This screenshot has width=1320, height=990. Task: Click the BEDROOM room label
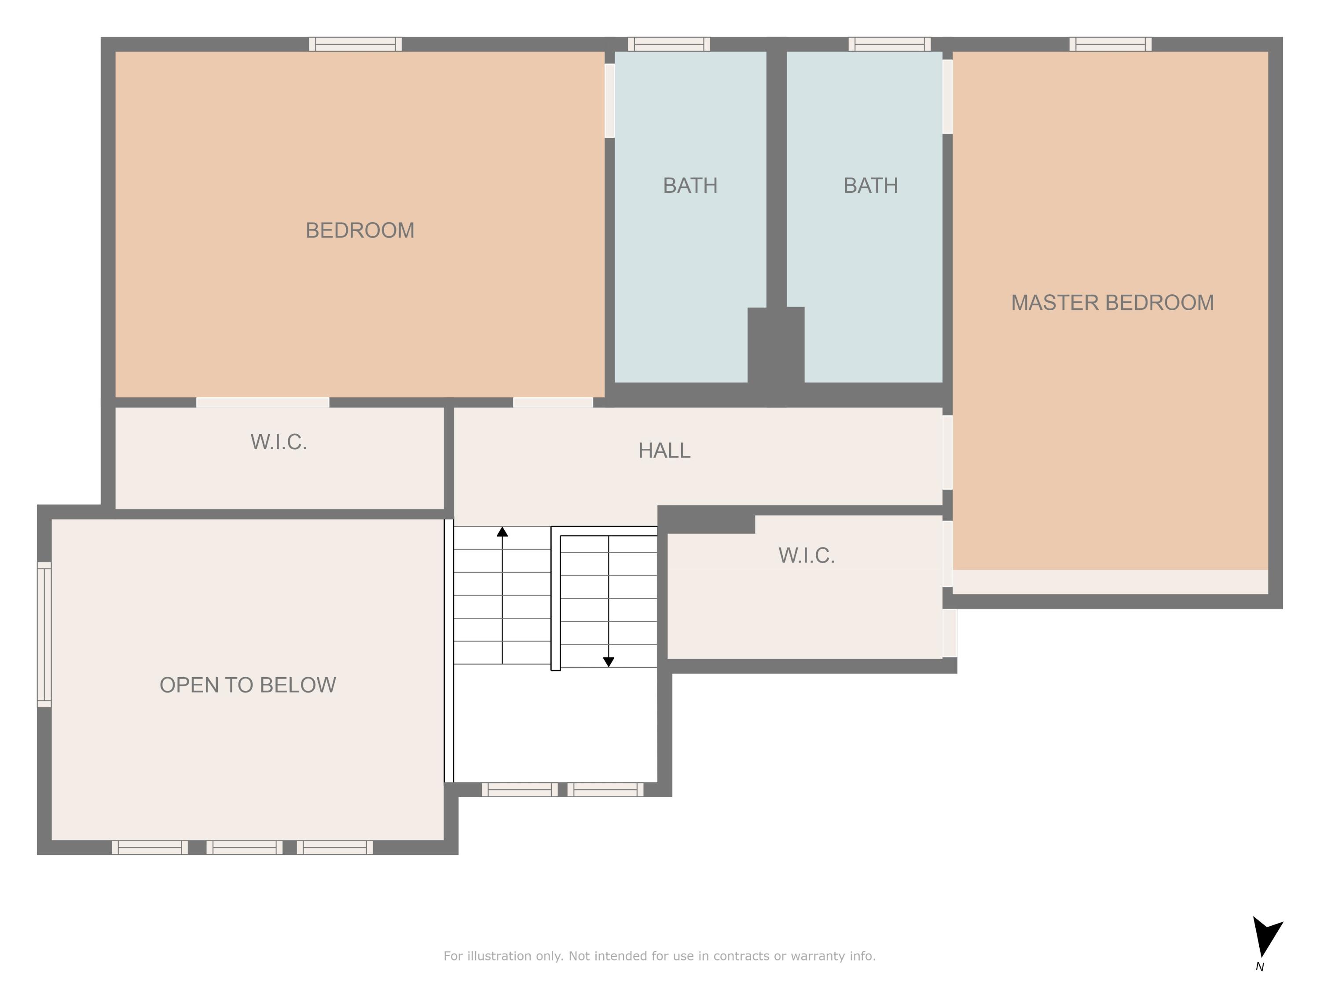[x=360, y=231]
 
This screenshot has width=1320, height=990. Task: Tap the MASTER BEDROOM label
[x=1112, y=303]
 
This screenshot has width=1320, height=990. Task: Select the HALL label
[x=664, y=451]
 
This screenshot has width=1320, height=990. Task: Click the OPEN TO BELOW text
[x=248, y=685]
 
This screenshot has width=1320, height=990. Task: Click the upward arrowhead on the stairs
[x=502, y=532]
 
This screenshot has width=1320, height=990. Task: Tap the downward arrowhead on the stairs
[x=608, y=662]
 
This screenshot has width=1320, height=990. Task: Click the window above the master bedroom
[x=1110, y=44]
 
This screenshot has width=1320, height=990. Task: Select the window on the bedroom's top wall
[x=355, y=44]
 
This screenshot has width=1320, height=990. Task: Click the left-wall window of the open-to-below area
[x=44, y=634]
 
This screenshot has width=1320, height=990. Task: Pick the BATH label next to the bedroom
[x=690, y=186]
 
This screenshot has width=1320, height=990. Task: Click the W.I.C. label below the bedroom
[x=279, y=442]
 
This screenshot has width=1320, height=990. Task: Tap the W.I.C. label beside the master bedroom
[x=806, y=556]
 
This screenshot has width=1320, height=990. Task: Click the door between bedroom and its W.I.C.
[x=263, y=402]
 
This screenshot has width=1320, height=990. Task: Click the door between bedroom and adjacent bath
[x=609, y=100]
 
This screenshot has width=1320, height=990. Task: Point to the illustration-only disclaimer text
[x=660, y=956]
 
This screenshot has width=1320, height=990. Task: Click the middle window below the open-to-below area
[x=244, y=847]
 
